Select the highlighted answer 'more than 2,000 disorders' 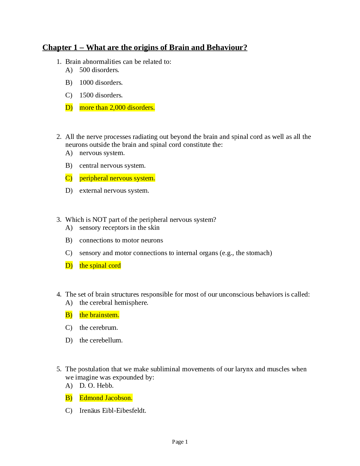pos(117,108)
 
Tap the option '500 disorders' pos(99,70)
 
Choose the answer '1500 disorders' pos(101,95)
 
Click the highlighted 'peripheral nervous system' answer pos(117,178)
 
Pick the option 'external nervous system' pos(114,191)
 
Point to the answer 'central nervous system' pos(112,166)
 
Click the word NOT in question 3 pos(99,220)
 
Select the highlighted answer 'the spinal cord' pos(100,266)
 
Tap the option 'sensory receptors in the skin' pos(119,228)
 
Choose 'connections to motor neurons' pos(121,240)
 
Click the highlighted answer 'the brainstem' pos(99,315)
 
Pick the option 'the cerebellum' pos(101,340)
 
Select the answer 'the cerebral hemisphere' pos(114,303)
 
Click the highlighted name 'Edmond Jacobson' pos(106,398)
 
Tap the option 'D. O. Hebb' pos(96,386)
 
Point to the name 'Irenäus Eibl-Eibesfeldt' pos(113,411)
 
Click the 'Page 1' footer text pos(180,442)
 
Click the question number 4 pos(59,294)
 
